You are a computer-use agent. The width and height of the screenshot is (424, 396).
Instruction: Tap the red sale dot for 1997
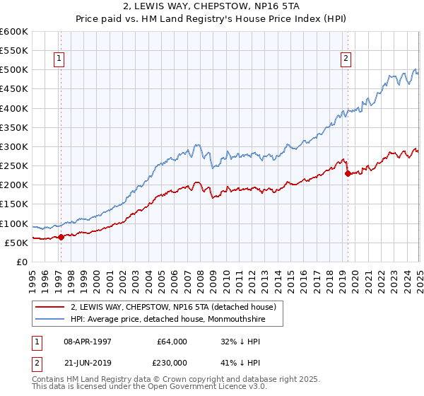[61, 237]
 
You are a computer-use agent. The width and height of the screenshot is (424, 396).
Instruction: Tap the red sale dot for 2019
[347, 173]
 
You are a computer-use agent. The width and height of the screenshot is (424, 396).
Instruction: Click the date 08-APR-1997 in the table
[88, 342]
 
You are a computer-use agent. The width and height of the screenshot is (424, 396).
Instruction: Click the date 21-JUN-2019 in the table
[88, 362]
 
